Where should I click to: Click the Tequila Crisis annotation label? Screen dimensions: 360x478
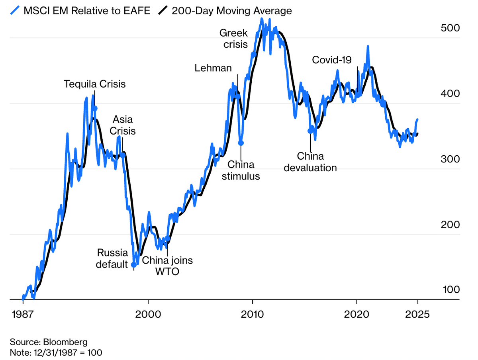click(x=95, y=84)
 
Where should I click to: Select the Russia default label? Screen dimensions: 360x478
click(x=112, y=258)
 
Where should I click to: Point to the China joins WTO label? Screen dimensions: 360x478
click(x=167, y=266)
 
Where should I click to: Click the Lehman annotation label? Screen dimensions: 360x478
click(x=213, y=68)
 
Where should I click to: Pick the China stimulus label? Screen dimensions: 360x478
click(x=241, y=170)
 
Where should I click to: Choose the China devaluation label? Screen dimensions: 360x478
click(x=310, y=162)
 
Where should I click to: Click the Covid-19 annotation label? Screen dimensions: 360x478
click(x=332, y=60)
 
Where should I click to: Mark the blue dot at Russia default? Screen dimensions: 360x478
click(x=134, y=264)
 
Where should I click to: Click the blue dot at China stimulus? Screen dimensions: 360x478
click(x=241, y=143)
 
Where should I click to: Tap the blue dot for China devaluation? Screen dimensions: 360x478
click(x=310, y=131)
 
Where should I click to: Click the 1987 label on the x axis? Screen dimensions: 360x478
click(x=23, y=314)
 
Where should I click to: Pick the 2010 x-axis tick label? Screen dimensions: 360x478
click(x=252, y=314)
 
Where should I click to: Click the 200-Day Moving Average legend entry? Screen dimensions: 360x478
click(x=231, y=11)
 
